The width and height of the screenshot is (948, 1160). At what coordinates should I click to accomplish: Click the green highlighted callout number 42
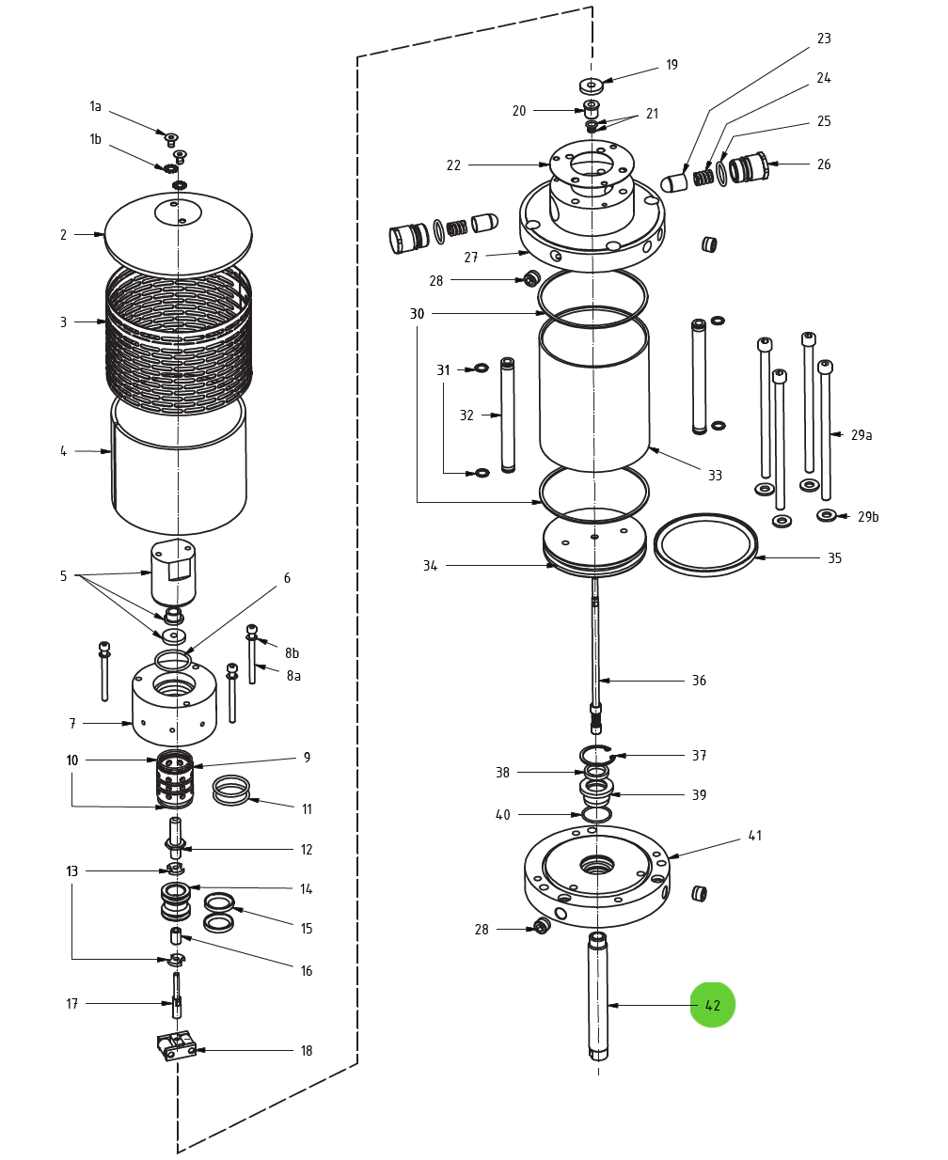pyautogui.click(x=712, y=1005)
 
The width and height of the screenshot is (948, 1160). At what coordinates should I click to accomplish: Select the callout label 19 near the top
pyautogui.click(x=671, y=65)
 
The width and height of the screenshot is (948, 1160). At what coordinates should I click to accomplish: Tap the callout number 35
pyautogui.click(x=834, y=558)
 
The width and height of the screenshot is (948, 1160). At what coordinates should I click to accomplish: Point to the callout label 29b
pyautogui.click(x=868, y=517)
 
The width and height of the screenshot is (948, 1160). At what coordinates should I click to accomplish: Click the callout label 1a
pyautogui.click(x=95, y=107)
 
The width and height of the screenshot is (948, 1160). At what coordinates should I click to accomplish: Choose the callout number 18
pyautogui.click(x=306, y=1051)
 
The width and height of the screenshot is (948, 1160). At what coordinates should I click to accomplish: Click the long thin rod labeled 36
pyautogui.click(x=595, y=649)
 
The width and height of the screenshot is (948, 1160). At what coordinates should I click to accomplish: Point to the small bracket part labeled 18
pyautogui.click(x=176, y=1045)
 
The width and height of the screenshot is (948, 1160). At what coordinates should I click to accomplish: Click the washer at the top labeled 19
pyautogui.click(x=591, y=86)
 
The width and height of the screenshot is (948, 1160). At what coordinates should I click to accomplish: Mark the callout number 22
pyautogui.click(x=453, y=165)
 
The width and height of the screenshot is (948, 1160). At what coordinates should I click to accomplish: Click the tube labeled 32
pyautogui.click(x=508, y=415)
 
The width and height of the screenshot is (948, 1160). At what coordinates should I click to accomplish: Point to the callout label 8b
pyautogui.click(x=292, y=653)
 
